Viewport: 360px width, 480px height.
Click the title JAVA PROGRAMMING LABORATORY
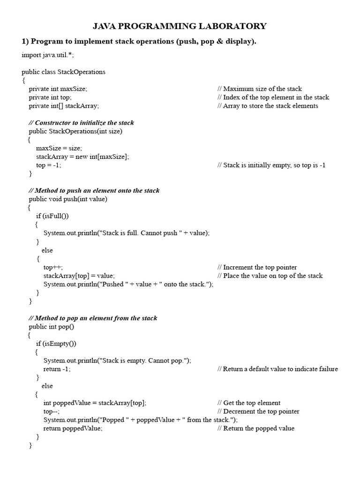[x=180, y=26]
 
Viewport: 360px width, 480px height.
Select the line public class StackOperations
[x=63, y=72]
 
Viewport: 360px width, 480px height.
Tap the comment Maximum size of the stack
[x=260, y=89]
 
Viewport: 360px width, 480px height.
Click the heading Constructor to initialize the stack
[x=81, y=123]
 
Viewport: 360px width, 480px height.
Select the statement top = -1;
[x=49, y=165]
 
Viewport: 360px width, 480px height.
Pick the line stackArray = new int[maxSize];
[x=82, y=157]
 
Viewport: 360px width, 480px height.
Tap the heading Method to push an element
[x=94, y=191]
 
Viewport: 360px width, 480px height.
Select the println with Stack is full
[x=127, y=233]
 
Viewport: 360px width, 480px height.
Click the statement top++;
[x=53, y=267]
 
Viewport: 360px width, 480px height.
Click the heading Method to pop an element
[x=93, y=318]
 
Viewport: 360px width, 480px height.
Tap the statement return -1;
[x=57, y=369]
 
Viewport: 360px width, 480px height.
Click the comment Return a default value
[x=277, y=369]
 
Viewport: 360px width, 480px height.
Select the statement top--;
[x=52, y=412]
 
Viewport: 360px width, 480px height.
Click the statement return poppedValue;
[x=73, y=428]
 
